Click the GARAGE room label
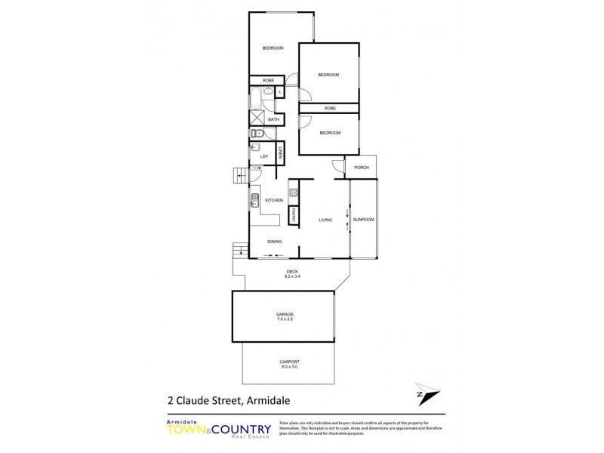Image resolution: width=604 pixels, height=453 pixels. pyautogui.click(x=285, y=314)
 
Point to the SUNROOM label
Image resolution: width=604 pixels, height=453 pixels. pyautogui.click(x=363, y=219)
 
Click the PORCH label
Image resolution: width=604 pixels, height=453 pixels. pyautogui.click(x=362, y=167)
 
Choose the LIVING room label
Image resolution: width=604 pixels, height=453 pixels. pyautogui.click(x=325, y=220)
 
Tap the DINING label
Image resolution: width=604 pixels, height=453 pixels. pyautogui.click(x=274, y=242)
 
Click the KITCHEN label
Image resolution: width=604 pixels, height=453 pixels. pyautogui.click(x=273, y=200)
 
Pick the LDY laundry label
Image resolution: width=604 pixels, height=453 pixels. pyautogui.click(x=264, y=156)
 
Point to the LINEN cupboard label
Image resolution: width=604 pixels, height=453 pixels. pyautogui.click(x=279, y=154)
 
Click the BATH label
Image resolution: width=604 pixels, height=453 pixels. pyautogui.click(x=273, y=119)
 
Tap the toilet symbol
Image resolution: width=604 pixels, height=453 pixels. pyautogui.click(x=256, y=134)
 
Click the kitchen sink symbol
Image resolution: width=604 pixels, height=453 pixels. pyautogui.click(x=255, y=200)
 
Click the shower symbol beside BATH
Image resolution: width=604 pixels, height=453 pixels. pyautogui.click(x=257, y=119)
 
